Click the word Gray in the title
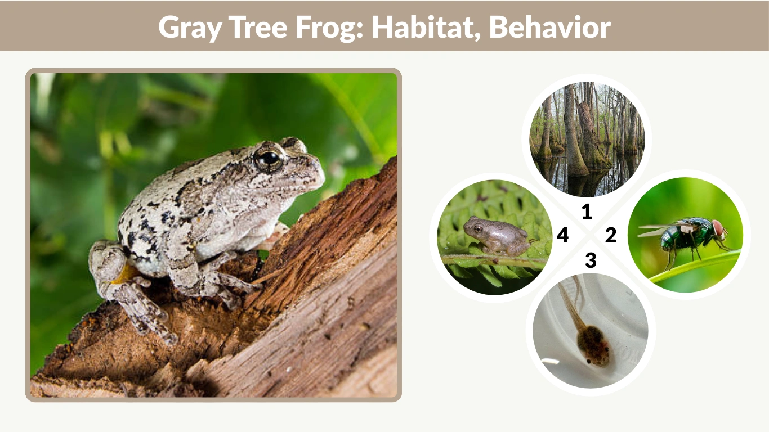pyautogui.click(x=189, y=26)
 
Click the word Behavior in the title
pyautogui.click(x=549, y=26)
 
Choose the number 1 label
pyautogui.click(x=587, y=211)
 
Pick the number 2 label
pyautogui.click(x=611, y=235)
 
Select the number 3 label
pyautogui.click(x=590, y=260)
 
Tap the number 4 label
pyautogui.click(x=562, y=236)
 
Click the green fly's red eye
pyautogui.click(x=718, y=229)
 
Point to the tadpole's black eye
pyautogui.click(x=589, y=361)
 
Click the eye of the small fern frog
pyautogui.click(x=477, y=228)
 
